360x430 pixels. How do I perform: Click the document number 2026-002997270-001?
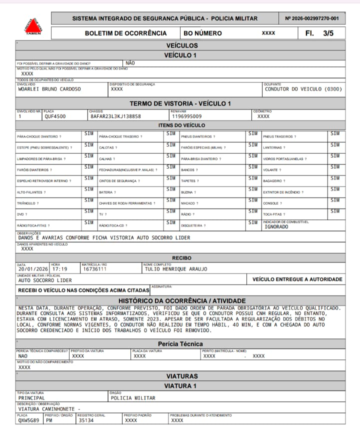(x=311, y=18)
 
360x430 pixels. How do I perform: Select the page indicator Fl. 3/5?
(x=322, y=33)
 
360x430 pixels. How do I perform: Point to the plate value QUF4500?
(x=55, y=116)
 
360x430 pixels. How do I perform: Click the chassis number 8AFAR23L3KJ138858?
(x=115, y=116)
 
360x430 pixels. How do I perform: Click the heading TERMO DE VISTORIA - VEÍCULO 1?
(x=180, y=103)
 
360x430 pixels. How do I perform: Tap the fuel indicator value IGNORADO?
(x=276, y=226)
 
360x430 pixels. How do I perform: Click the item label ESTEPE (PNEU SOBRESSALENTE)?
(x=44, y=148)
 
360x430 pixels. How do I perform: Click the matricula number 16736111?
(x=94, y=269)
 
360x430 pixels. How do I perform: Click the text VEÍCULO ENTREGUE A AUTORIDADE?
(x=297, y=279)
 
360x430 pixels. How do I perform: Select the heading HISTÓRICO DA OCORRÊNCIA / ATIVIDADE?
(x=180, y=300)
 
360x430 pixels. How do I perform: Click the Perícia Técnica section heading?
(x=180, y=344)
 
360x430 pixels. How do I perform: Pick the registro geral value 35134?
(x=85, y=420)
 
